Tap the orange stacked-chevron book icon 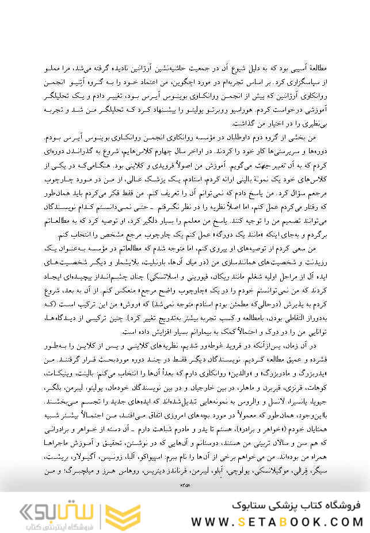123,512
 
